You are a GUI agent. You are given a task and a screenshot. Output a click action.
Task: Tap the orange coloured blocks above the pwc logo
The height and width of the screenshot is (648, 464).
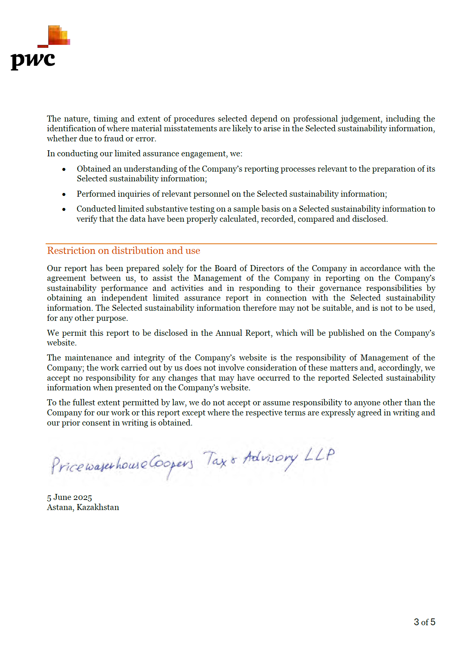click(59, 36)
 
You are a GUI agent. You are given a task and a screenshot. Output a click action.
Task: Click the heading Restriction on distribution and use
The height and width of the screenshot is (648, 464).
click(123, 251)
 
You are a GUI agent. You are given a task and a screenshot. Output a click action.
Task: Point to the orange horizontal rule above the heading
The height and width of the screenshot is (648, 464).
click(241, 244)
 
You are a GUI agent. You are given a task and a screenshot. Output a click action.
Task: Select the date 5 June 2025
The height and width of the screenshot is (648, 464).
click(69, 497)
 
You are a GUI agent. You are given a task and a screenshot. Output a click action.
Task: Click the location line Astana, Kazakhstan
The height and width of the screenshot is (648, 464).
click(83, 507)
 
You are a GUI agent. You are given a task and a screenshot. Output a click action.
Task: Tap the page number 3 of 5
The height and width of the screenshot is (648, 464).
click(424, 622)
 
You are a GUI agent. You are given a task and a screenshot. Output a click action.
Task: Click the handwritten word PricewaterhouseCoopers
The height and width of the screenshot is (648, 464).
click(122, 465)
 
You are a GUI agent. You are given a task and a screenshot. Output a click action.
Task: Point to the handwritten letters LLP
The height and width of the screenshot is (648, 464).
click(319, 455)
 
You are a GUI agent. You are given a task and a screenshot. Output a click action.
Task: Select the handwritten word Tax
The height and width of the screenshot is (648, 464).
click(215, 459)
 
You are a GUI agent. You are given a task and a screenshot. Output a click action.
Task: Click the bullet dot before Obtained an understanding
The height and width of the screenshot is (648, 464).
click(64, 169)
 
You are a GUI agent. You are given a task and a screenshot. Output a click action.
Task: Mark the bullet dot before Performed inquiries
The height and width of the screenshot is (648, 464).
click(64, 194)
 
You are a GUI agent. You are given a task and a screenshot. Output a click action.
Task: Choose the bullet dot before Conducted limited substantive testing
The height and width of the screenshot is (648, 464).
click(64, 209)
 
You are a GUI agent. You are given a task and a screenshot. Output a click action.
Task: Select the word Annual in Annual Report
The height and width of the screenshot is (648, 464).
click(229, 333)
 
